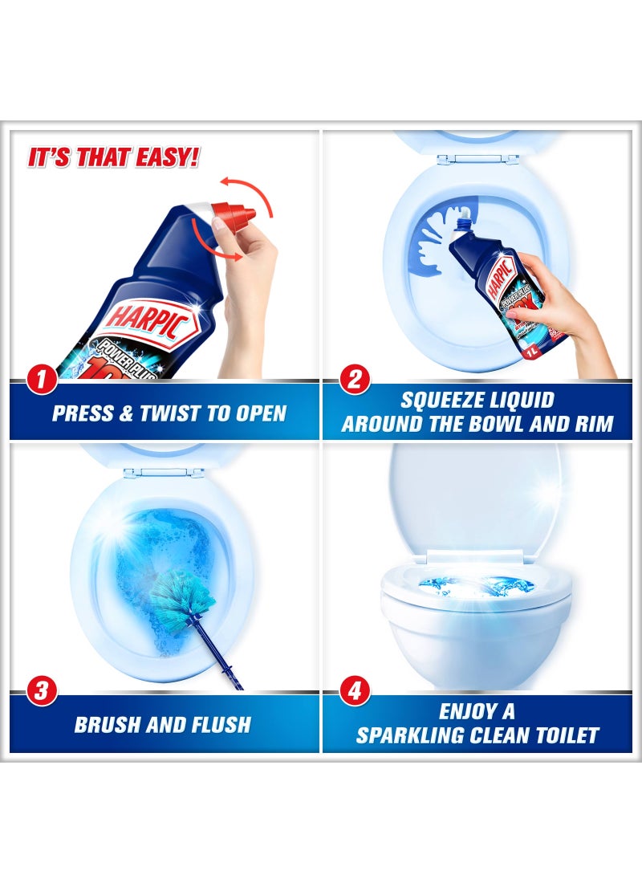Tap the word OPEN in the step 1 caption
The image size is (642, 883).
(257, 414)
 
